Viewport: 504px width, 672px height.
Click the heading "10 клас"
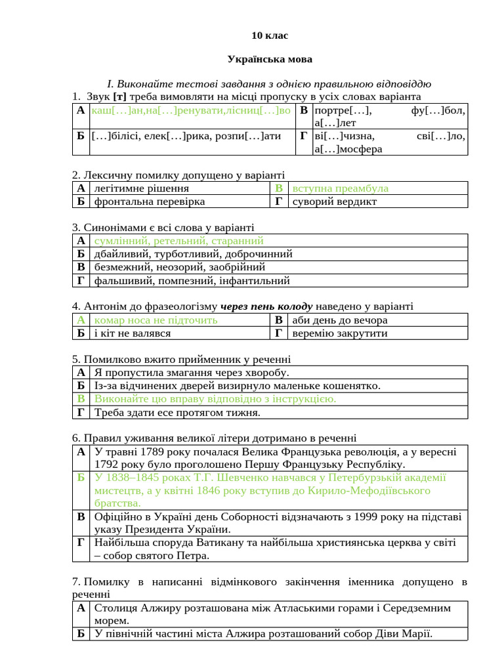click(x=270, y=35)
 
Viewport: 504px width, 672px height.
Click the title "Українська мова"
click(x=270, y=59)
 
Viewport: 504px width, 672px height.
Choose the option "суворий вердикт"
click(x=335, y=201)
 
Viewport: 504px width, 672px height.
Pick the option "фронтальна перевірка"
click(x=150, y=201)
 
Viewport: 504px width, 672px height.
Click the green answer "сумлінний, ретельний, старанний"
click(x=178, y=241)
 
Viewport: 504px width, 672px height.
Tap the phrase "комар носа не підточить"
click(x=156, y=320)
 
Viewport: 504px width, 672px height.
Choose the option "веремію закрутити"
click(x=340, y=333)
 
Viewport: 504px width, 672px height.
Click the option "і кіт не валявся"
click(x=133, y=333)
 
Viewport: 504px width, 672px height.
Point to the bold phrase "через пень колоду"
click(x=266, y=306)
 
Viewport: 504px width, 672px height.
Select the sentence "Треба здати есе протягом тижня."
click(x=177, y=413)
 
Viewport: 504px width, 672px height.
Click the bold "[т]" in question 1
click(x=119, y=97)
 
